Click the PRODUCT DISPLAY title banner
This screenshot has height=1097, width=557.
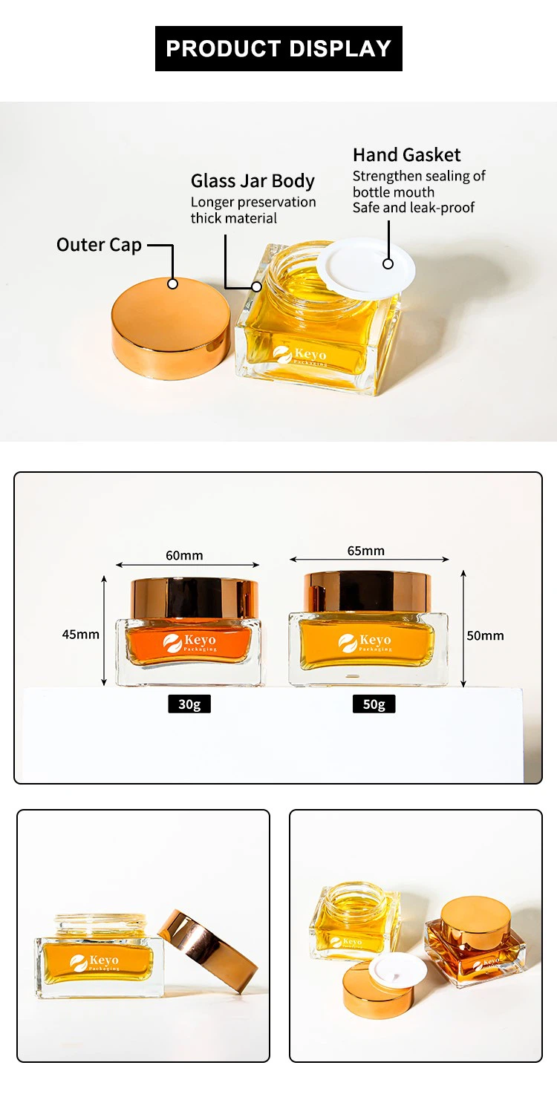coord(278,48)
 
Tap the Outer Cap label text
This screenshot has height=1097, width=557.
coord(99,245)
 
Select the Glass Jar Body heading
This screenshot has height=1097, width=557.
coord(253,181)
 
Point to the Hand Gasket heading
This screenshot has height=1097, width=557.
coord(406,155)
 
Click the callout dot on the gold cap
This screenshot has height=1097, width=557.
coord(172,284)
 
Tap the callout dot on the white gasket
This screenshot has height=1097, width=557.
coord(388,264)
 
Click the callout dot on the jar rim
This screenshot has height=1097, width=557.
coord(257,286)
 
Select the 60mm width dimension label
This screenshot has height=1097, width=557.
coord(184,555)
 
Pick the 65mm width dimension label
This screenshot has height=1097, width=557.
coord(366,551)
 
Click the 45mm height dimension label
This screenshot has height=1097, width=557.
coord(80,635)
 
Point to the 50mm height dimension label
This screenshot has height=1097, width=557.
coord(485,635)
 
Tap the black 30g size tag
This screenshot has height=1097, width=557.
coord(189,704)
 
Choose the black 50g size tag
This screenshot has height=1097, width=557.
coord(374,704)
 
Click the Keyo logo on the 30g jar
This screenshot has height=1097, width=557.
coord(189,643)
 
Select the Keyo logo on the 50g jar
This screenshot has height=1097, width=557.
coord(365,643)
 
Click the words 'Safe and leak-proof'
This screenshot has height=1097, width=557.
coord(414,208)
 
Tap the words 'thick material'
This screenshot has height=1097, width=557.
coord(234,218)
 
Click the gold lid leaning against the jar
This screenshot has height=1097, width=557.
coord(209,952)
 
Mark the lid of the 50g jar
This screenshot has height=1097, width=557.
coord(368,591)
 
